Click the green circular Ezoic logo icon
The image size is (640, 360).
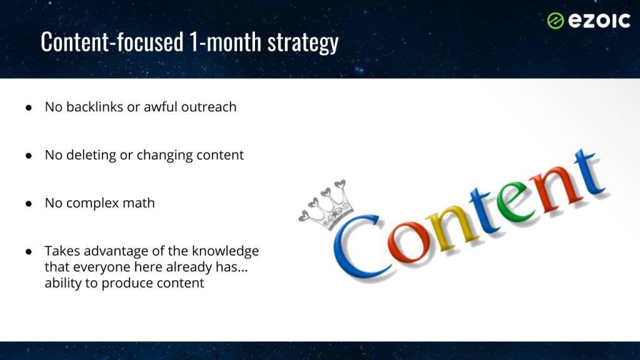pyautogui.click(x=556, y=21)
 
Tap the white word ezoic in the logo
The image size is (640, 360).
pyautogui.click(x=599, y=21)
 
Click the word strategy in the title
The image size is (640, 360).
pyautogui.click(x=303, y=42)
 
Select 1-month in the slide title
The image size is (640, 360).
pyautogui.click(x=225, y=41)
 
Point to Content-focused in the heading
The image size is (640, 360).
pyautogui.click(x=112, y=41)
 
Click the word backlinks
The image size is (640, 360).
pyautogui.click(x=95, y=107)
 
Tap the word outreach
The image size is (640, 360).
pyautogui.click(x=209, y=107)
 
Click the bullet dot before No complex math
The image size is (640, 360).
pyautogui.click(x=29, y=203)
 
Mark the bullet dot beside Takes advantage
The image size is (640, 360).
pyautogui.click(x=29, y=251)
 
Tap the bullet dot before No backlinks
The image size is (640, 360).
pyautogui.click(x=29, y=107)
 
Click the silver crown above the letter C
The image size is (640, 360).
pyautogui.click(x=326, y=204)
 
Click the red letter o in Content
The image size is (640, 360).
pyautogui.click(x=409, y=242)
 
